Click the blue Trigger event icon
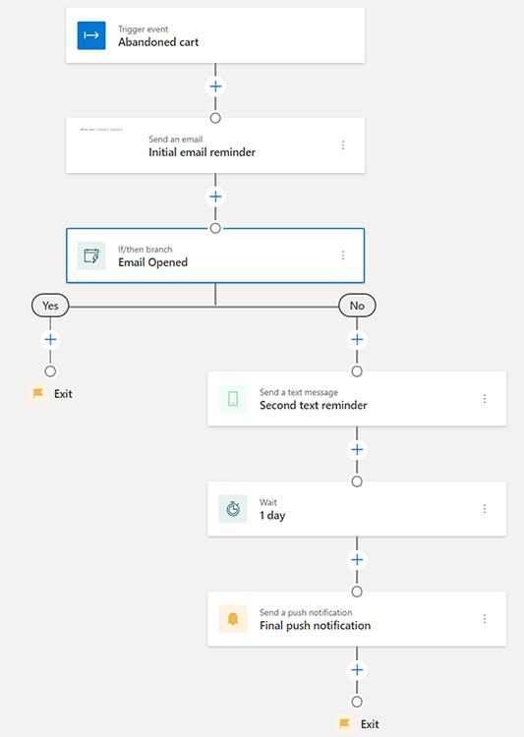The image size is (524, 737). (90, 35)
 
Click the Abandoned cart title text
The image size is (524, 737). (158, 42)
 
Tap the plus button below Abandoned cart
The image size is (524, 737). (215, 86)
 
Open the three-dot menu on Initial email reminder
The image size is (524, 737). (343, 145)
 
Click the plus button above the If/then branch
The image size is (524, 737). (215, 197)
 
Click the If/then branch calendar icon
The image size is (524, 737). (90, 255)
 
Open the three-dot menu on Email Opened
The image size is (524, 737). (343, 255)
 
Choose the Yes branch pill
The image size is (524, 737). (50, 306)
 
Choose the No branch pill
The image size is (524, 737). (357, 306)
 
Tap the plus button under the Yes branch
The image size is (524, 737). (50, 339)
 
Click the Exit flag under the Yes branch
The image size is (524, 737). (39, 394)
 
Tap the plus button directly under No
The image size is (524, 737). (357, 339)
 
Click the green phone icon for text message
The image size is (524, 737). (233, 399)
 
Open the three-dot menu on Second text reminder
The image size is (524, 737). (485, 399)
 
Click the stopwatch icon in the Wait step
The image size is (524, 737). (233, 509)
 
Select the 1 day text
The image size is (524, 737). (272, 515)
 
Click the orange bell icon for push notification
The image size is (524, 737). (233, 619)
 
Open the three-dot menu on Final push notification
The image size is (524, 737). (485, 619)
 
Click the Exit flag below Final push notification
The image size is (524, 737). (345, 724)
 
